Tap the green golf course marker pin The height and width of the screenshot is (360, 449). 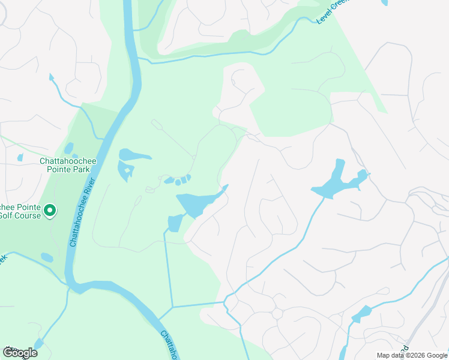50,211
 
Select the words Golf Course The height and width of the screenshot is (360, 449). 21,216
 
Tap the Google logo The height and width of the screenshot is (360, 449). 20,353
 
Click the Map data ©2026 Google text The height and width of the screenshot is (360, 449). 412,355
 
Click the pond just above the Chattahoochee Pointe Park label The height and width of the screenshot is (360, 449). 68,148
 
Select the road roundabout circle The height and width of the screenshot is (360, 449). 277,314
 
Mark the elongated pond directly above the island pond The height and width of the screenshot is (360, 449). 134,155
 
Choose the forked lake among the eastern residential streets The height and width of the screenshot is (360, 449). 336,181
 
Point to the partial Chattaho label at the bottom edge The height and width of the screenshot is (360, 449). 169,344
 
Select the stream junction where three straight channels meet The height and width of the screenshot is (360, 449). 172,307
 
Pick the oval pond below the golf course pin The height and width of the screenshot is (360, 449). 47,258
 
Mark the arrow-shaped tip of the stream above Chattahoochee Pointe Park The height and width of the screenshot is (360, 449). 51,77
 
